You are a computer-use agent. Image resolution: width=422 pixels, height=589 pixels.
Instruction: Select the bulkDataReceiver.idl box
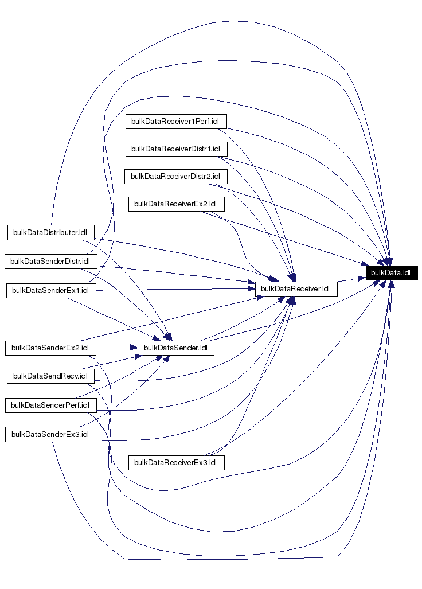[x=296, y=289]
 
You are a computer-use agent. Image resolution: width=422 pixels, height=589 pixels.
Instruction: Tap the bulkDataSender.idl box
[x=175, y=348]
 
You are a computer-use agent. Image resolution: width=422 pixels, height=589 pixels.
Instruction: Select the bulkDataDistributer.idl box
[x=50, y=232]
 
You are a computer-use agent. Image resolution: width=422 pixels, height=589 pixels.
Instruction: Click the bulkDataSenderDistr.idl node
[x=50, y=262]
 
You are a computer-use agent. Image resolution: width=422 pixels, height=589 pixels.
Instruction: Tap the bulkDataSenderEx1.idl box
[x=50, y=290]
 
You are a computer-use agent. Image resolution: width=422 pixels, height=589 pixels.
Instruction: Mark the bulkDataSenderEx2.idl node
[x=50, y=348]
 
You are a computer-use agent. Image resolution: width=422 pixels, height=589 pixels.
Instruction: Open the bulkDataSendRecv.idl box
[x=50, y=376]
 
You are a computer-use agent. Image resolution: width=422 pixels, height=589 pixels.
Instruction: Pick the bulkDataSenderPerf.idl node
[x=50, y=405]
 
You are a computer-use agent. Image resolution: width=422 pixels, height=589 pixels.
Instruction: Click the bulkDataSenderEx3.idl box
[x=50, y=434]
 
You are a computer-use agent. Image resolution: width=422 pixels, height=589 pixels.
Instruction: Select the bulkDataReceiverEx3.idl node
[x=176, y=462]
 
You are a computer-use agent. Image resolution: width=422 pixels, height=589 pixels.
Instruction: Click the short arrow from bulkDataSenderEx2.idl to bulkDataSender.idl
[x=115, y=348]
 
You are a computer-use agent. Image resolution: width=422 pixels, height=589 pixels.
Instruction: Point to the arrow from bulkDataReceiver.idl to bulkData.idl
[x=351, y=279]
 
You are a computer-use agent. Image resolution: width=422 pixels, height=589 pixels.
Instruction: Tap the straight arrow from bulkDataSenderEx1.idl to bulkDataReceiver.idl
[x=172, y=289]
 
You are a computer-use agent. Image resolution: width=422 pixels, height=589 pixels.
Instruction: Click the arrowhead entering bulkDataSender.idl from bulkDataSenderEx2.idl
[x=132, y=348]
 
